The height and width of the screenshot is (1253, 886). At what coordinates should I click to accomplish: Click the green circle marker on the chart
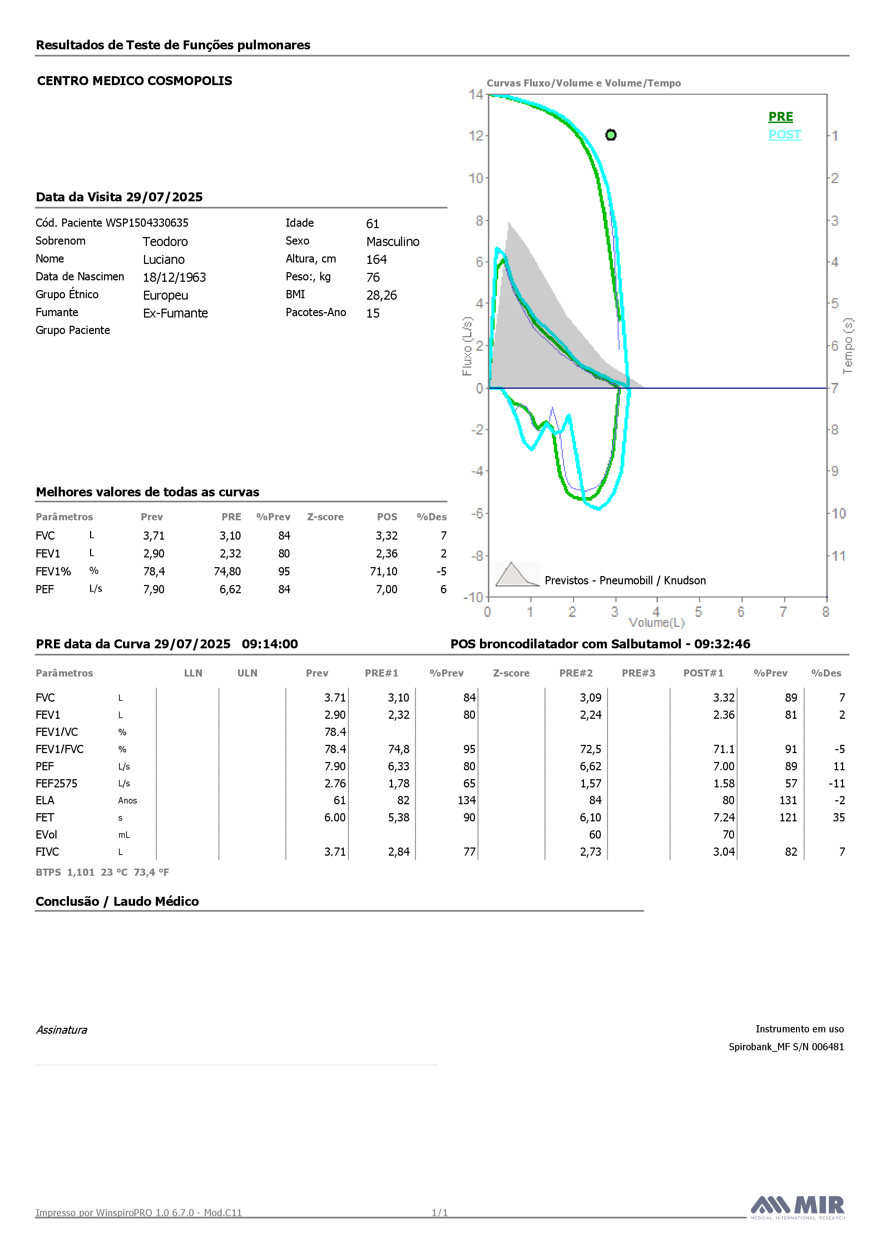click(x=611, y=135)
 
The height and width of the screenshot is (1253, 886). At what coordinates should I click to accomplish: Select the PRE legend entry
click(x=781, y=117)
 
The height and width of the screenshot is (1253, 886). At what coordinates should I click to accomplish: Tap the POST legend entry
click(x=784, y=135)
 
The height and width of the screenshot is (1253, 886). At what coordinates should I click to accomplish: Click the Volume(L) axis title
click(x=656, y=623)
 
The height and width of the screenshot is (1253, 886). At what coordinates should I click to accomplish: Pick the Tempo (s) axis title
click(x=848, y=346)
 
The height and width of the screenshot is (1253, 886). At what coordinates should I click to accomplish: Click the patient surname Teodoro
click(x=165, y=242)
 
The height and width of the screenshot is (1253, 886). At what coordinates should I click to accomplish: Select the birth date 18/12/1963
click(x=174, y=277)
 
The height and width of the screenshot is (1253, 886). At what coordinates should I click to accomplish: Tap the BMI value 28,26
click(x=381, y=295)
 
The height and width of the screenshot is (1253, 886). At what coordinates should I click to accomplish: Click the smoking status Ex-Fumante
click(x=176, y=313)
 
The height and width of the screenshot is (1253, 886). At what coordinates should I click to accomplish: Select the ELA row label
click(x=45, y=801)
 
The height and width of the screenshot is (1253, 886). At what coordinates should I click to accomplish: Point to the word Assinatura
click(x=61, y=1030)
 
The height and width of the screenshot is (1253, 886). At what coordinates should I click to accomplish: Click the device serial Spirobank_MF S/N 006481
click(x=786, y=1047)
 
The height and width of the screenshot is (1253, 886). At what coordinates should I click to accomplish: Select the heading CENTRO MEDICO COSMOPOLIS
click(x=135, y=81)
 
